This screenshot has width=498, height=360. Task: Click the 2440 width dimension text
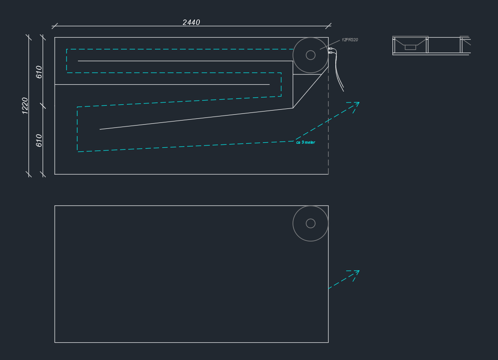191,22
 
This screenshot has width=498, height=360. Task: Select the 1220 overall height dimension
25,105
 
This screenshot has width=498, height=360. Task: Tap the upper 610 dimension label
39,72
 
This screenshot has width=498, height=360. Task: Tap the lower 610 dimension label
39,140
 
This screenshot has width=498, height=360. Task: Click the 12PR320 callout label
350,40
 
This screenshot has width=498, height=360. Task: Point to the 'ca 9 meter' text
305,142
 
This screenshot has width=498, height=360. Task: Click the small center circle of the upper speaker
310,55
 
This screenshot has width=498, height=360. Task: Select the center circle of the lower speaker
310,223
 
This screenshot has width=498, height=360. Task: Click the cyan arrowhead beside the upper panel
356,105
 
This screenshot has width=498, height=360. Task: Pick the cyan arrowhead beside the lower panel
356,273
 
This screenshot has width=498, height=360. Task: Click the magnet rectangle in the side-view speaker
410,47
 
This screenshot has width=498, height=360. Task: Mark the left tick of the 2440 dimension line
55,26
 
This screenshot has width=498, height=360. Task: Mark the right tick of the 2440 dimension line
328,26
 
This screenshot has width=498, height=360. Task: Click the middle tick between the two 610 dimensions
44,106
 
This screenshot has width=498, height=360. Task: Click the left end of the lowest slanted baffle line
100,129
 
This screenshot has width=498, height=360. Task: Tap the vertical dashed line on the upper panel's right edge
328,136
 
